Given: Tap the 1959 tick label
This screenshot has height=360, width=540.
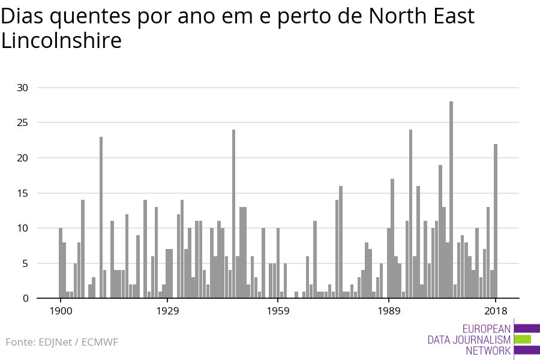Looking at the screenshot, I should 278,311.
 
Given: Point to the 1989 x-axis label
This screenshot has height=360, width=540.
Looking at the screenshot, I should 389,311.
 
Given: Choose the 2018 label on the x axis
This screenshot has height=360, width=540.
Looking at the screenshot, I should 496,311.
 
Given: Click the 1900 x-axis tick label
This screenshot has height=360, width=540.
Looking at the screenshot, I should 61,311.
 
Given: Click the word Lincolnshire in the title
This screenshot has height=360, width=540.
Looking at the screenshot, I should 61,41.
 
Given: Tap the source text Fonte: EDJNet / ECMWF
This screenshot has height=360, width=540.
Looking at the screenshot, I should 62,342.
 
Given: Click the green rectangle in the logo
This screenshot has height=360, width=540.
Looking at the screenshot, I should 523,339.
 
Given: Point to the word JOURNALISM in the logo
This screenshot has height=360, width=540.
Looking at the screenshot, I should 469,340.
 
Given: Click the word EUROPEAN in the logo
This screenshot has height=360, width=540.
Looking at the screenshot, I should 487,328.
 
